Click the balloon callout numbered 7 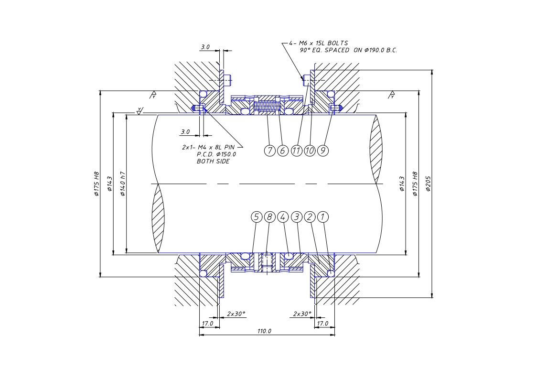(270, 151)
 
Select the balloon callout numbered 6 (283, 151)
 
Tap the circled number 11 (296, 151)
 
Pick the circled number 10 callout (310, 151)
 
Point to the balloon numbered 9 (323, 151)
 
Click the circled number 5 (257, 217)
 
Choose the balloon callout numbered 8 (270, 217)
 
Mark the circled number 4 (283, 217)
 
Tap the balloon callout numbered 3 (296, 217)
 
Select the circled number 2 (310, 217)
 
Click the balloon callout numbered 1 (323, 217)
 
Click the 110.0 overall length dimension (264, 331)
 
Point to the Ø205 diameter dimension (428, 184)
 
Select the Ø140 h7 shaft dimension (123, 184)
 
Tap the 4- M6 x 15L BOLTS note (319, 43)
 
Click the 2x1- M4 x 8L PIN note (208, 147)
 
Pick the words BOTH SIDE (213, 162)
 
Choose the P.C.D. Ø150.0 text (216, 154)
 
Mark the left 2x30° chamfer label (236, 314)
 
